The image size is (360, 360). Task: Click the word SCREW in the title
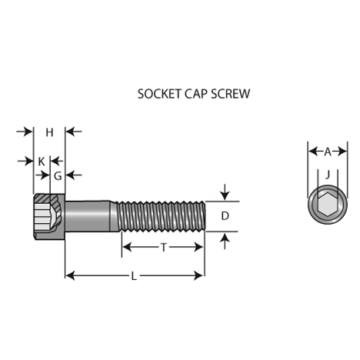point(230,94)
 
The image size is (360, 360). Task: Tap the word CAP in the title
point(196,94)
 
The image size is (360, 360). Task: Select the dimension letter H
point(49,132)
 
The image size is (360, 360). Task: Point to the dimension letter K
point(42,162)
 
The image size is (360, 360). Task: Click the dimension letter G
point(58,176)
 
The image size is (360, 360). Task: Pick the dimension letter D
point(225,216)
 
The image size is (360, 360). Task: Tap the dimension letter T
point(164,248)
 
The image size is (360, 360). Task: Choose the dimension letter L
point(134,276)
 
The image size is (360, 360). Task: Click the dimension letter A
point(328,152)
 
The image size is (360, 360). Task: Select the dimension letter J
point(328,175)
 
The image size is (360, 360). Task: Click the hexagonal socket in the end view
point(328,205)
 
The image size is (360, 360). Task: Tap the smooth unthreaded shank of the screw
point(88,216)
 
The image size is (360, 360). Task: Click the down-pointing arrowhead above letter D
point(225,195)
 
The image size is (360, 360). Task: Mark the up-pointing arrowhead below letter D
point(225,238)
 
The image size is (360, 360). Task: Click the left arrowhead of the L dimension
point(70,276)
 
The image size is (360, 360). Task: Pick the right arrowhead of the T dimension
point(199,247)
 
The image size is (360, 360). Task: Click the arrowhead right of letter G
point(70,175)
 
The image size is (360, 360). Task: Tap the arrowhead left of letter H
point(28,132)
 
